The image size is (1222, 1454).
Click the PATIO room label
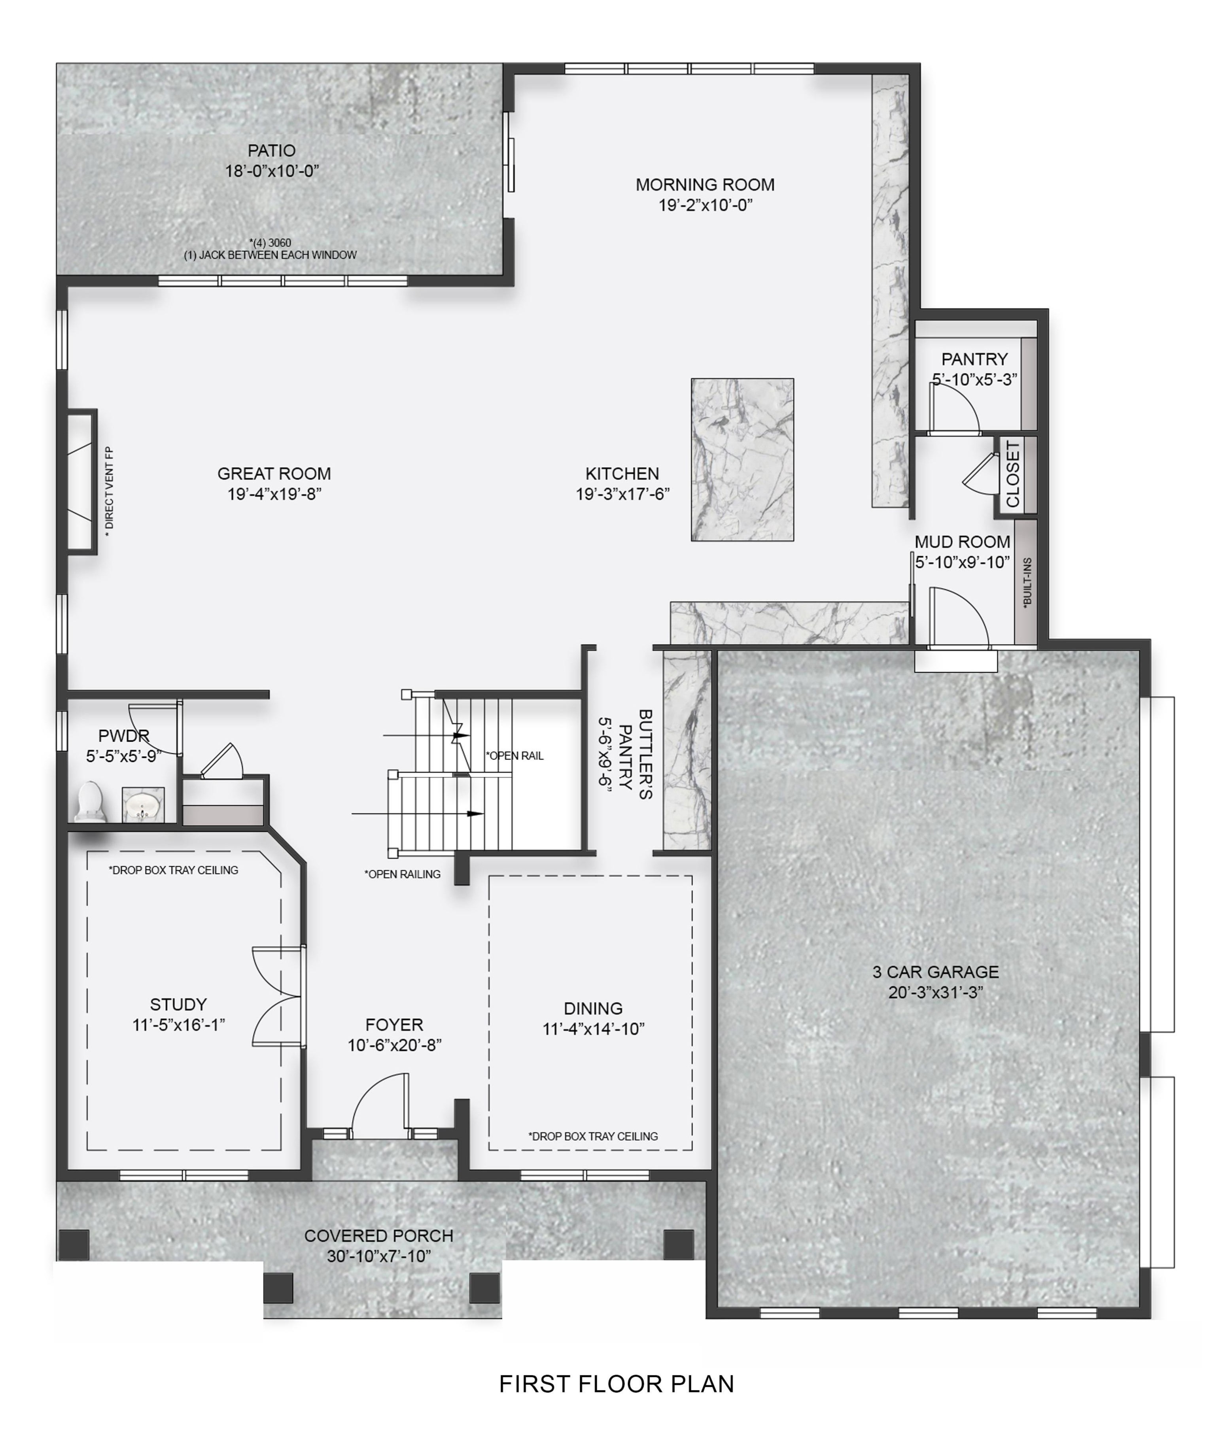[x=272, y=150]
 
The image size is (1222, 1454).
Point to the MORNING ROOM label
[x=705, y=185]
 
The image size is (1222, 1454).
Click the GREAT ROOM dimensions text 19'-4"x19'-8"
[x=274, y=494]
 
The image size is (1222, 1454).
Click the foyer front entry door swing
[x=380, y=1105]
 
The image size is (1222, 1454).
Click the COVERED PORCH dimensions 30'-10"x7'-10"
[x=379, y=1256]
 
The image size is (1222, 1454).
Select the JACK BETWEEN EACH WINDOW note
[x=270, y=255]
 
